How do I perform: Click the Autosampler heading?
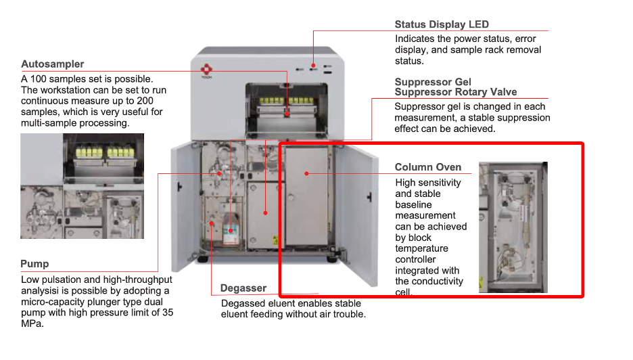[x=53, y=64]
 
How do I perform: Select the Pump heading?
[x=34, y=264]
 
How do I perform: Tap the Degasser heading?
[x=243, y=288]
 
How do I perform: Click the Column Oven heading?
[x=428, y=167]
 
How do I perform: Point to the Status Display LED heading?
[x=442, y=25]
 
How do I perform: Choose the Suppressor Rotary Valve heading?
[x=456, y=92]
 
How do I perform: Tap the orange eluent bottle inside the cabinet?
[x=231, y=230]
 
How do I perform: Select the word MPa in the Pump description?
[x=32, y=323]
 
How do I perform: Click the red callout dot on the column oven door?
[x=306, y=173]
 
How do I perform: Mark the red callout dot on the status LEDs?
[x=313, y=68]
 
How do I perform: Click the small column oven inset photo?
[x=513, y=227]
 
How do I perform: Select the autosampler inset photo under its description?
[x=82, y=185]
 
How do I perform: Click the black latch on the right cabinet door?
[x=369, y=195]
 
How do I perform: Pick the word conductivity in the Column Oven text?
[x=438, y=282]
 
